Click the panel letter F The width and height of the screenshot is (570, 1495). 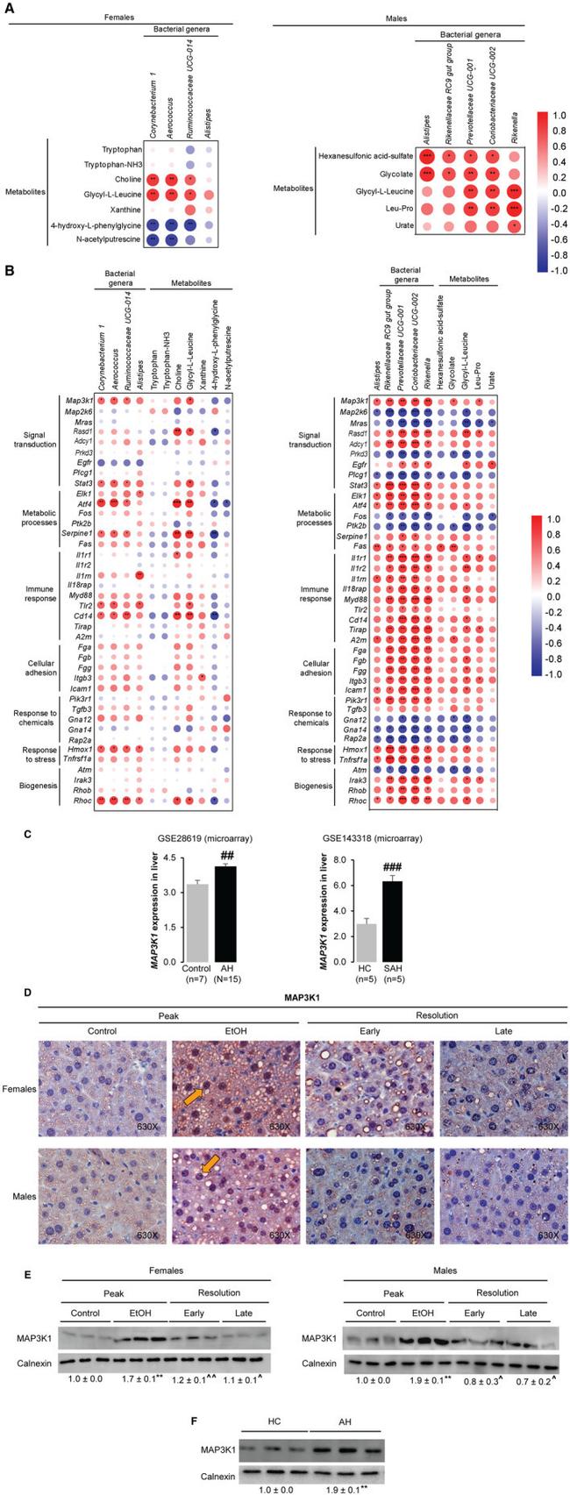tap(203, 1418)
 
